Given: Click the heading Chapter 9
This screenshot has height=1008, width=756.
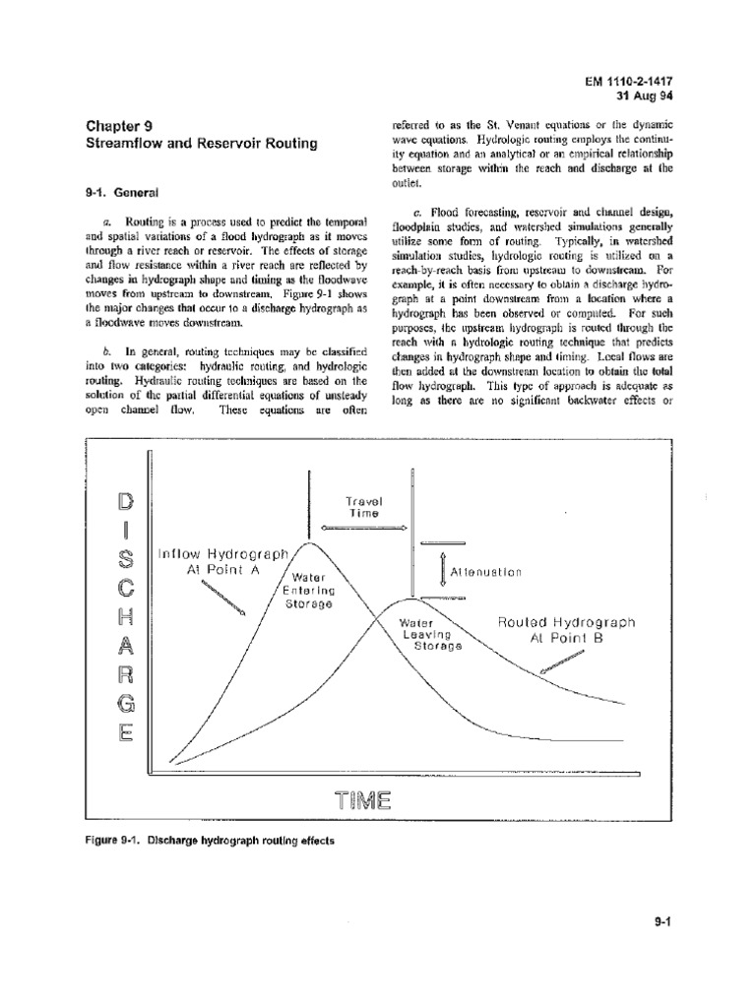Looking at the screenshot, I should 115,125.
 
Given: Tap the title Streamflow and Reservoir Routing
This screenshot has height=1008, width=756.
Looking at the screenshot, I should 194,144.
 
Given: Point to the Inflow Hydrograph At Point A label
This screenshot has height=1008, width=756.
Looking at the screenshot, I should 221,563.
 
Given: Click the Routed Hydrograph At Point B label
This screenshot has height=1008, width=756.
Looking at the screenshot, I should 566,630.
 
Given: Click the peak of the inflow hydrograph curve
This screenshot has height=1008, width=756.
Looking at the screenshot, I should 310,541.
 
